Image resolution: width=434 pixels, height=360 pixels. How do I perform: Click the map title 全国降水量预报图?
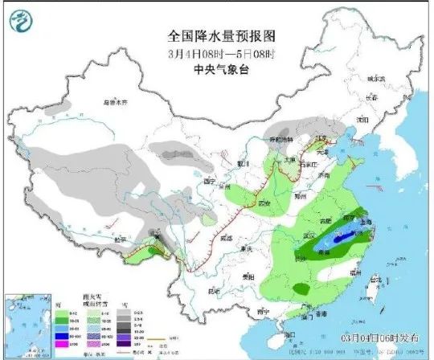pos(216,37)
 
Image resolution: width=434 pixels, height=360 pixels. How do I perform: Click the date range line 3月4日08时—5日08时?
pos(216,53)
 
